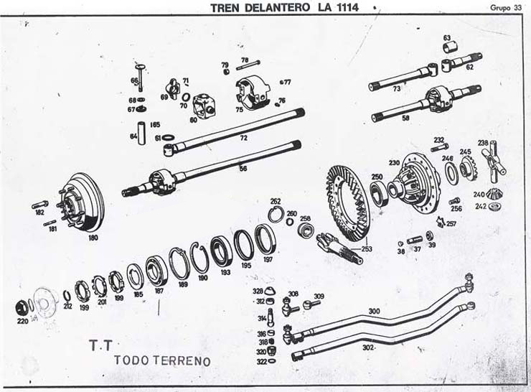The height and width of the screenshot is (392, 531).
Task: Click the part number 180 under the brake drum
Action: coord(93,236)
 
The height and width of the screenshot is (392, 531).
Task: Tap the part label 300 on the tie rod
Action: coord(373,312)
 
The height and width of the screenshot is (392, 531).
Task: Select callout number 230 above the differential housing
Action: coord(394,162)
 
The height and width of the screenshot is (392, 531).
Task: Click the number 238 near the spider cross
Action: coord(483,142)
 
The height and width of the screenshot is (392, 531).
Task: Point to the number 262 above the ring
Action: coord(275,201)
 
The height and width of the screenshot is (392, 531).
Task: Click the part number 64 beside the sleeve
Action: coord(133,135)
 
